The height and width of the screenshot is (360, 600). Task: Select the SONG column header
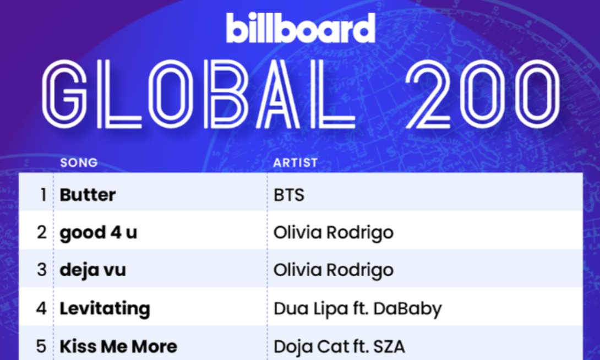[79, 163]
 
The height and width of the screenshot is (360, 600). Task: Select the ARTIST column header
[296, 163]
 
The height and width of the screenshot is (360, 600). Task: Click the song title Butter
[88, 195]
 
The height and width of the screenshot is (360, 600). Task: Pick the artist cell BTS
[289, 195]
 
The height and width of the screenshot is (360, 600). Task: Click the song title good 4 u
[98, 232]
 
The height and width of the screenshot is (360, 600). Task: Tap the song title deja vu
[92, 270]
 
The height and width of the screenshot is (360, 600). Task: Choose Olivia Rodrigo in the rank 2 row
[333, 232]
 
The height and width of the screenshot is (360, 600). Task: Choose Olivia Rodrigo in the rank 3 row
[333, 270]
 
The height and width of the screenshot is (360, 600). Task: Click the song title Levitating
[105, 308]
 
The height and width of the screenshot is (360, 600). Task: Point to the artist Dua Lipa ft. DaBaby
[357, 308]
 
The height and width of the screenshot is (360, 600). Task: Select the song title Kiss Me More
[118, 346]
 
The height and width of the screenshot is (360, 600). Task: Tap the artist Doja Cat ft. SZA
[339, 346]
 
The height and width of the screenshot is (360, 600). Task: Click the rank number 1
[43, 195]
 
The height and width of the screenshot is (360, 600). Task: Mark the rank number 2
[42, 232]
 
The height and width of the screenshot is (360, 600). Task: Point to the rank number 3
[42, 270]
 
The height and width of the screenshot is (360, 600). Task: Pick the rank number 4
[42, 308]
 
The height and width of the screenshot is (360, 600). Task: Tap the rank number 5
[42, 346]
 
